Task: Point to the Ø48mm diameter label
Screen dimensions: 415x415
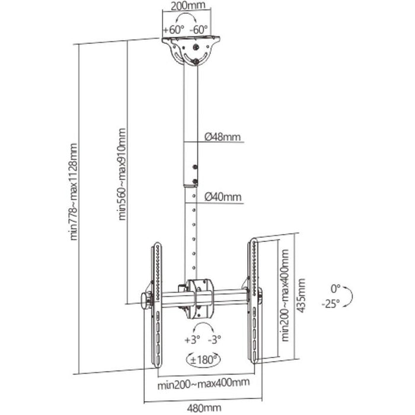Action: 223,136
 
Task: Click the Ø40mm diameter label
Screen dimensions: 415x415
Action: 223,197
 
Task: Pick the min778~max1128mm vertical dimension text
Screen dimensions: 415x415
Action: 75,199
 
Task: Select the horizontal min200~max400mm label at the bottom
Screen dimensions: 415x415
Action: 203,384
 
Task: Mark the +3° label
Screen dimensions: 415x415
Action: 191,340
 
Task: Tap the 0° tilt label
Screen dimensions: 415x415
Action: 336,289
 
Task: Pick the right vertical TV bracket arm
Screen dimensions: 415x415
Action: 253,302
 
